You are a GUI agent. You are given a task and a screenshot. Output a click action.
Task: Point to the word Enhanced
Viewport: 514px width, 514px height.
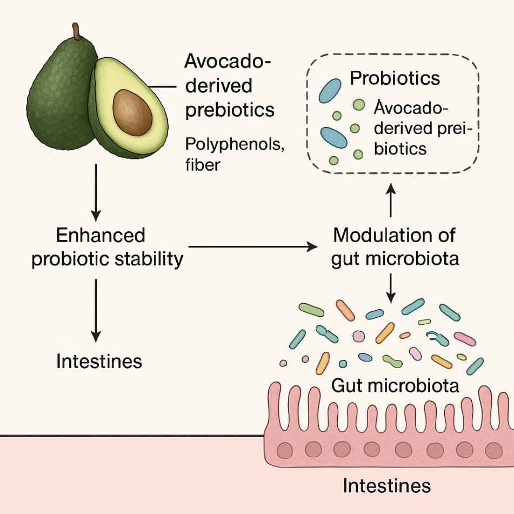tap(101, 236)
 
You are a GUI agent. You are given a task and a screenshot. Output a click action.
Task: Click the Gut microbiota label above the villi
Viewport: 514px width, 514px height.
tap(395, 385)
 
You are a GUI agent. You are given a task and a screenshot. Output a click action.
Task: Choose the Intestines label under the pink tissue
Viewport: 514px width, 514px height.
tap(386, 485)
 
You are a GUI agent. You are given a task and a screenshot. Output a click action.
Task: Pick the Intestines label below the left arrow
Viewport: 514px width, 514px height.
tap(99, 361)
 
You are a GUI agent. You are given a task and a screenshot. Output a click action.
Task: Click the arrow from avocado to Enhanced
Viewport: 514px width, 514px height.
tap(96, 189)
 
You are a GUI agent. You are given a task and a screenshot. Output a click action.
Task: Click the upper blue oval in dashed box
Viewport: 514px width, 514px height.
tap(330, 91)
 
